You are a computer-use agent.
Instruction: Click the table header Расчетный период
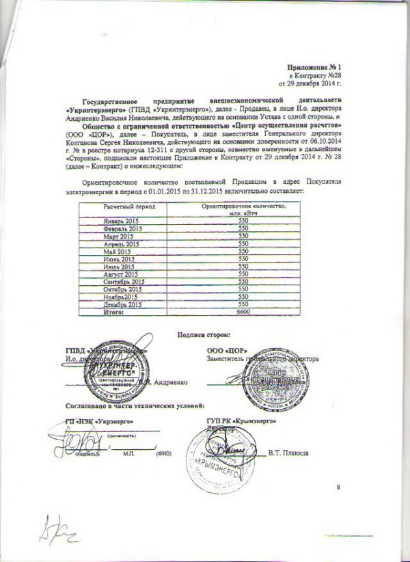130,206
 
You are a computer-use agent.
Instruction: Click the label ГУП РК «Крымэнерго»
238,421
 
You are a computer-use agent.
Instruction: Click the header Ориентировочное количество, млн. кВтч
243,209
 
